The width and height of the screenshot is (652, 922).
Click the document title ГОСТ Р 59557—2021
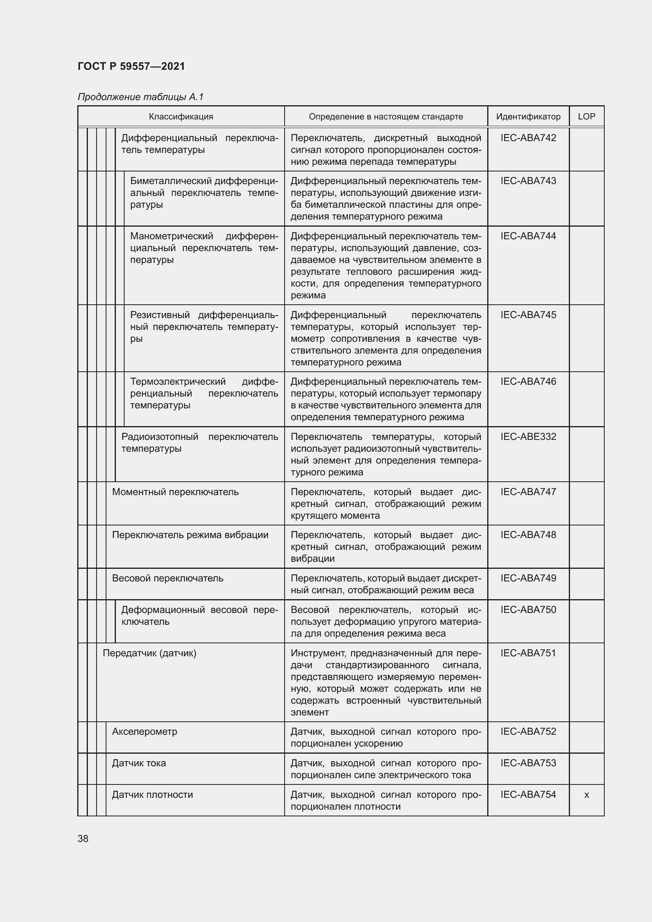point(131,66)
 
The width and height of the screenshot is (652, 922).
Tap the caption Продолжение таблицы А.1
point(140,97)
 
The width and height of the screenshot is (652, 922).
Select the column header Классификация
point(181,117)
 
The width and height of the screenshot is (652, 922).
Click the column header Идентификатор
point(528,117)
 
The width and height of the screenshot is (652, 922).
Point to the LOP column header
point(586,116)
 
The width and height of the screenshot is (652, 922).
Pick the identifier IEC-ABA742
point(528,138)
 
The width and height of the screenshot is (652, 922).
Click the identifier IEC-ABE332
point(528,436)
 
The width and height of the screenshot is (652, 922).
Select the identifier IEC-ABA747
point(528,492)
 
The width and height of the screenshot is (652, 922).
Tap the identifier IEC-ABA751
point(528,653)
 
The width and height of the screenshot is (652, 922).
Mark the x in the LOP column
point(586,795)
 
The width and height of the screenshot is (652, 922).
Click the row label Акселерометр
point(145,732)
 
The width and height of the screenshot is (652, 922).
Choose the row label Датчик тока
point(139,763)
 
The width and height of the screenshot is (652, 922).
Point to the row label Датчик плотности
point(152,795)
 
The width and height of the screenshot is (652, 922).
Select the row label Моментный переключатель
point(175,492)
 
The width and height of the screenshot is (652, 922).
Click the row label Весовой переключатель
point(168,578)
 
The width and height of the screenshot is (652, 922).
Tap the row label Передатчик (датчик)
point(149,653)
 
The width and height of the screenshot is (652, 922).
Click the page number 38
point(83,839)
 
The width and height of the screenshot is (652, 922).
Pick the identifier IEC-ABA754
point(528,795)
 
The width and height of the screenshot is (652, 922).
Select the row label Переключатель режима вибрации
point(190,535)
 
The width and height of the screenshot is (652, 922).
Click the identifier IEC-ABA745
point(528,315)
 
